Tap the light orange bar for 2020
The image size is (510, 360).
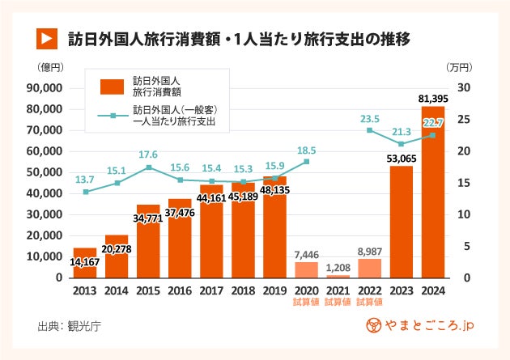click(306, 269)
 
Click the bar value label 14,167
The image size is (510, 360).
click(85, 262)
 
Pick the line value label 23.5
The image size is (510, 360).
click(369, 117)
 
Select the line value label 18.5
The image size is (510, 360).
click(306, 150)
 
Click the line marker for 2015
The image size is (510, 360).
click(148, 167)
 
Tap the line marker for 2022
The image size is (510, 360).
click(369, 130)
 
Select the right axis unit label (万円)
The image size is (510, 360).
click(461, 67)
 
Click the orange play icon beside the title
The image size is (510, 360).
click(46, 37)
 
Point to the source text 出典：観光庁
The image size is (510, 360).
click(70, 327)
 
